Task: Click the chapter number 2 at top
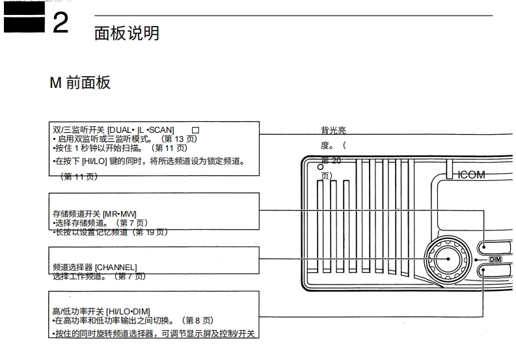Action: [x=60, y=23]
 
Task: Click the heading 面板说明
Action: [x=126, y=33]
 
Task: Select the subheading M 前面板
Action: [x=80, y=83]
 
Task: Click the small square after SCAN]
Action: [x=195, y=130]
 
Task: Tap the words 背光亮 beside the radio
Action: [x=333, y=131]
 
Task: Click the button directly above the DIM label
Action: [x=497, y=246]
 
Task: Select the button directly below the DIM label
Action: [x=497, y=271]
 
